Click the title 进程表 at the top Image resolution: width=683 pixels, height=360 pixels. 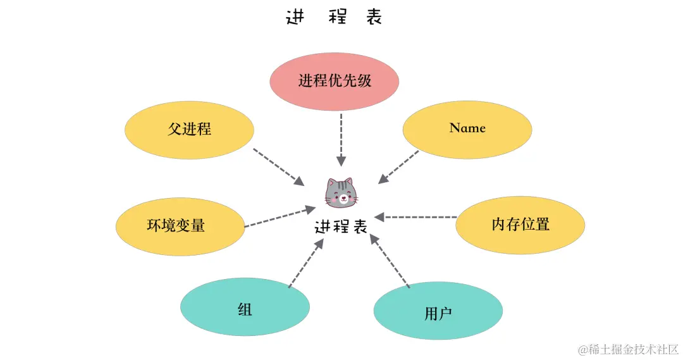click(x=334, y=18)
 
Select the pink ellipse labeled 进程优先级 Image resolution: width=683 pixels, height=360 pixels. click(x=335, y=82)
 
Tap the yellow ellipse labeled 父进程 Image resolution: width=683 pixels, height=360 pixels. click(x=189, y=130)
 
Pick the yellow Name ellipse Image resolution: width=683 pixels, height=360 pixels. click(x=467, y=128)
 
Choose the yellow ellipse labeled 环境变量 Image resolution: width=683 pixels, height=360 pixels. click(x=180, y=226)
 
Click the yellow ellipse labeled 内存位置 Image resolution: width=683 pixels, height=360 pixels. click(x=520, y=224)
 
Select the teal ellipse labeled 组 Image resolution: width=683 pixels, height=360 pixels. click(x=245, y=309)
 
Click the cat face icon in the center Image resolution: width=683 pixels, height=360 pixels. click(x=341, y=193)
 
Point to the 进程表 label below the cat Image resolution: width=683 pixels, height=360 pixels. click(x=341, y=227)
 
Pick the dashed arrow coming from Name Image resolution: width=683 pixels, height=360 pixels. click(x=398, y=168)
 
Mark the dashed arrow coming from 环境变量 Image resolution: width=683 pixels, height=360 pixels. click(x=280, y=216)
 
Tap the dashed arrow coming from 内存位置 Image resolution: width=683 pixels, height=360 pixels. click(x=420, y=218)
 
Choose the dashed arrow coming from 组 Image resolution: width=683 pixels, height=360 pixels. click(x=305, y=261)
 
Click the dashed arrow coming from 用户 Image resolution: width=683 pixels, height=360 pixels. click(x=390, y=261)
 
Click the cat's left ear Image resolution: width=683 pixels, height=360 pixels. click(x=331, y=183)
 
